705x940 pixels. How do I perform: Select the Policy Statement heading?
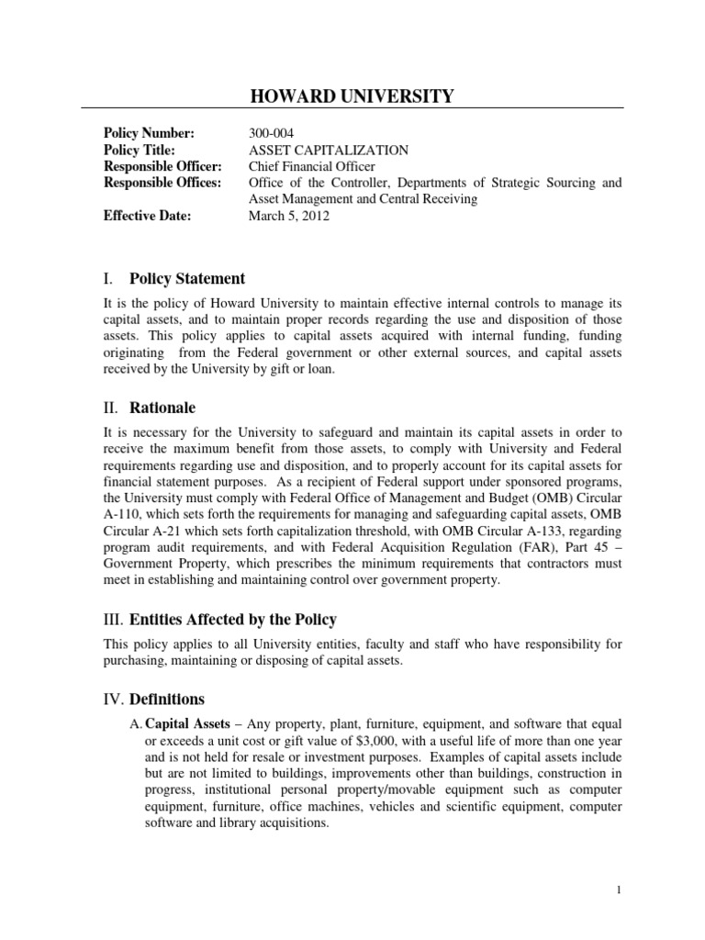pyautogui.click(x=186, y=279)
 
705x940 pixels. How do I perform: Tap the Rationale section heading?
pyautogui.click(x=162, y=408)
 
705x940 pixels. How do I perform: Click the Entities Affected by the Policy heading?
pyautogui.click(x=231, y=620)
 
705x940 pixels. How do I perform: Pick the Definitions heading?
pyautogui.click(x=167, y=699)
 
